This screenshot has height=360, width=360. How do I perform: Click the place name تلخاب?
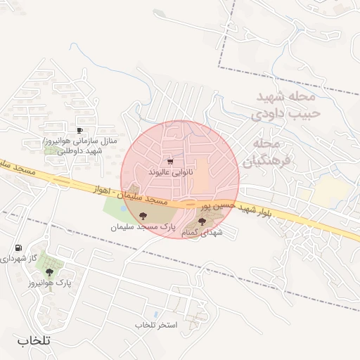click(34, 340)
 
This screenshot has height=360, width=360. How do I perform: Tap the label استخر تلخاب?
click(157, 325)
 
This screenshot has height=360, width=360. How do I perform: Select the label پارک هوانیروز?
click(50, 283)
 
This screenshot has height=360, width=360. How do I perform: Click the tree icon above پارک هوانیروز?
click(49, 272)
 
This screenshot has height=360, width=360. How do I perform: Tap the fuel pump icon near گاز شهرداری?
click(18, 247)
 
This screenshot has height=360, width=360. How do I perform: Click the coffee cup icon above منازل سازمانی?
click(79, 130)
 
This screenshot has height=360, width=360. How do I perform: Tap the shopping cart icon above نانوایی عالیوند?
click(170, 161)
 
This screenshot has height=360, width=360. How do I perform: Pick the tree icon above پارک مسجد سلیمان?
click(143, 216)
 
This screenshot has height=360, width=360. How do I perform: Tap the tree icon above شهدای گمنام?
click(202, 221)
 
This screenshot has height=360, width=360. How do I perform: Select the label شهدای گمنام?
click(202, 232)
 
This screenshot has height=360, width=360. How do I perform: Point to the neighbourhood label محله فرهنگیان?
click(262, 153)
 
